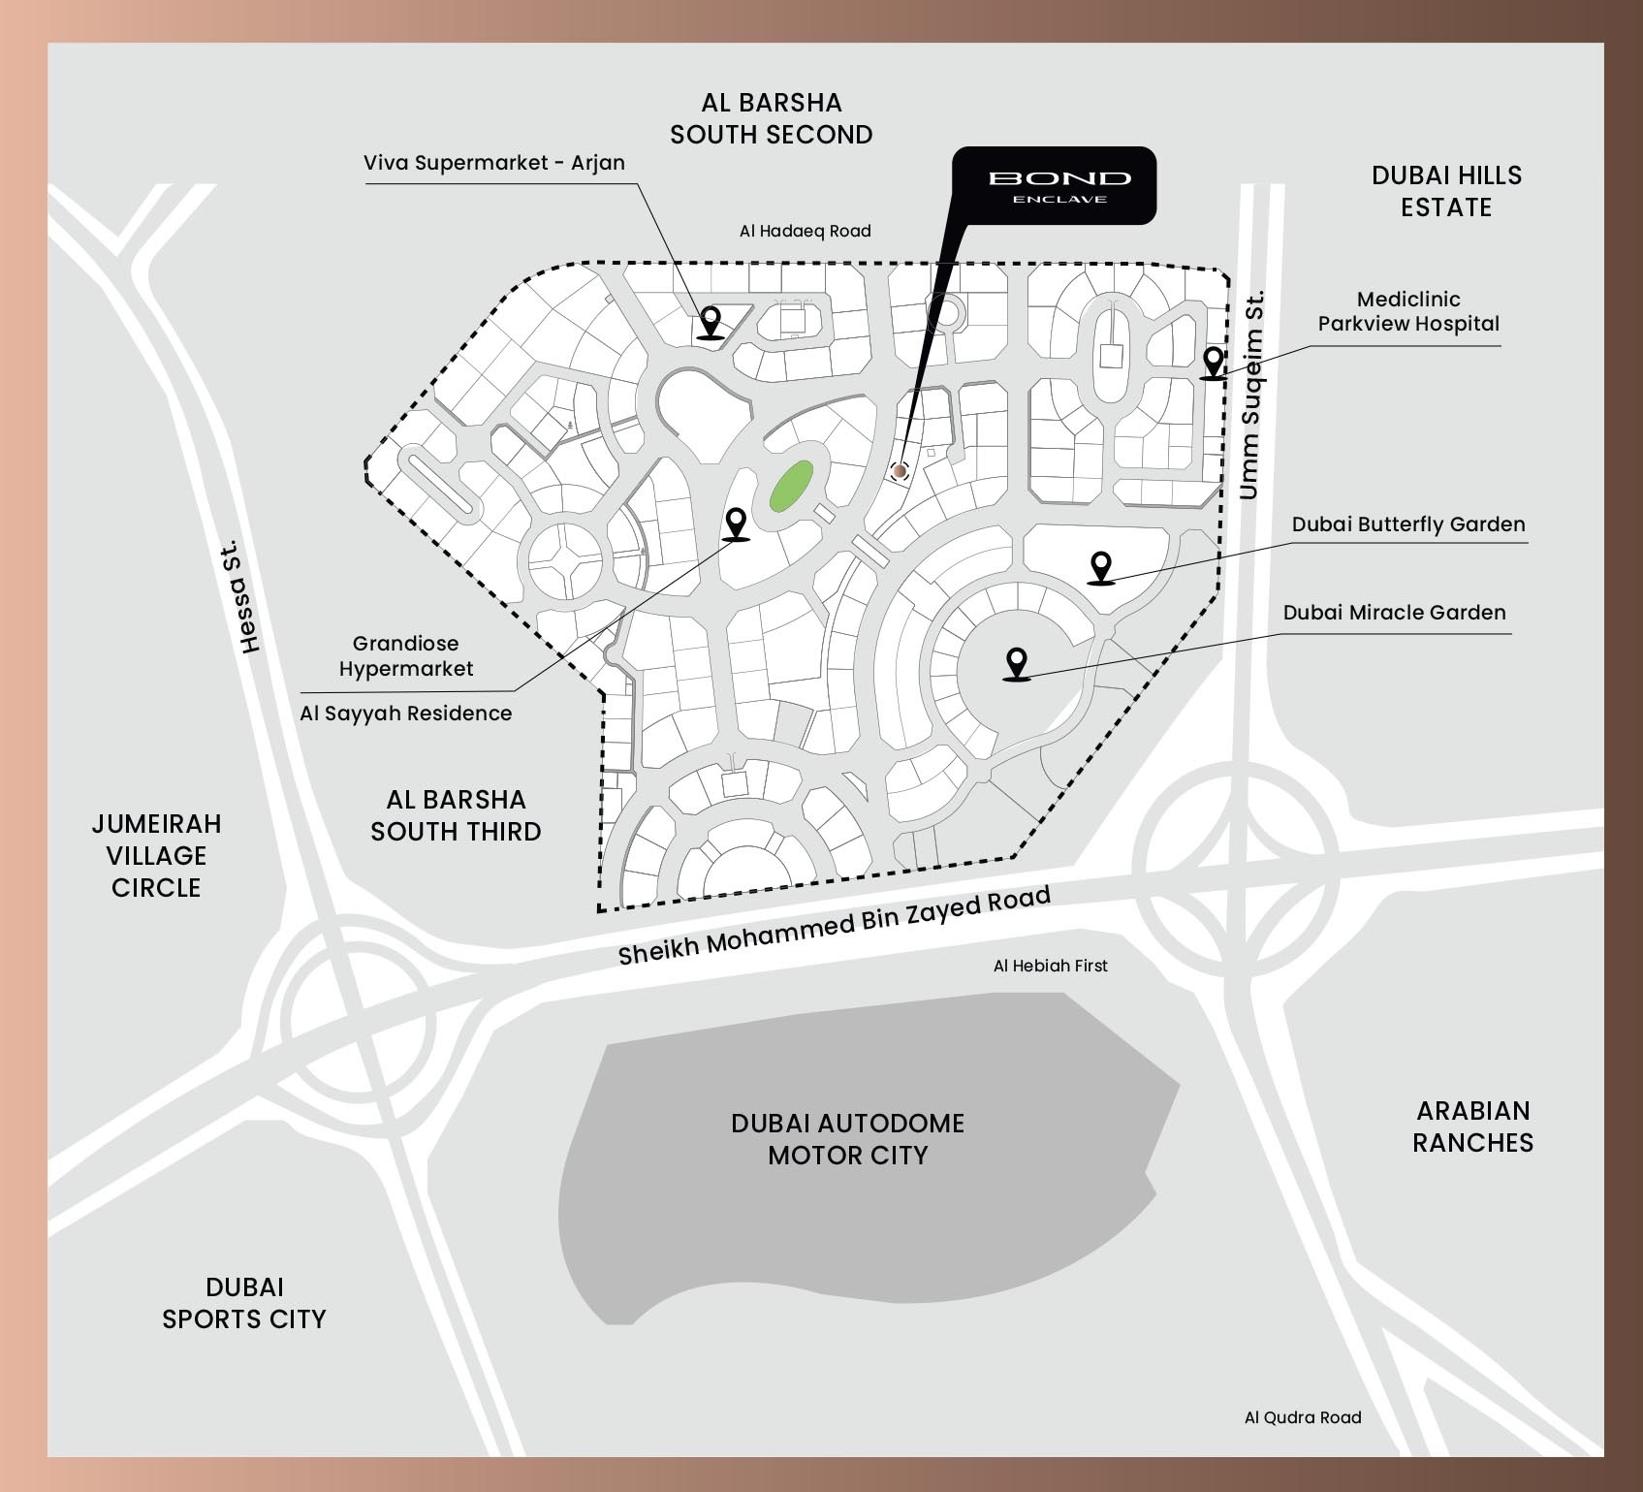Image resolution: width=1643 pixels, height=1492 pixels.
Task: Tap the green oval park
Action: tap(791, 486)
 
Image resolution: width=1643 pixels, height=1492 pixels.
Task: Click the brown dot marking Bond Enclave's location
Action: tap(900, 471)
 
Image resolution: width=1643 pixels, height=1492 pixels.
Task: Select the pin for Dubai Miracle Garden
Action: tap(1016, 664)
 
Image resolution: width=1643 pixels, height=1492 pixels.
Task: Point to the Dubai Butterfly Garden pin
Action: tap(1100, 567)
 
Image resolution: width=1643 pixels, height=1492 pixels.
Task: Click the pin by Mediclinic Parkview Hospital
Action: tap(1212, 363)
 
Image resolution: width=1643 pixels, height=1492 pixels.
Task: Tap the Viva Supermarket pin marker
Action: tap(711, 321)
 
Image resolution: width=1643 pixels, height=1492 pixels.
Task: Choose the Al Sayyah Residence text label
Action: tap(405, 714)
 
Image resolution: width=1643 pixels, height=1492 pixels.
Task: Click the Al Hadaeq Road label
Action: tap(805, 231)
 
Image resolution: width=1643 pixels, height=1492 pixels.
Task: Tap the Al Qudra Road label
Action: tap(1302, 1417)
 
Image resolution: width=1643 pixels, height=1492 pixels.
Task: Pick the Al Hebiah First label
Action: tap(1050, 966)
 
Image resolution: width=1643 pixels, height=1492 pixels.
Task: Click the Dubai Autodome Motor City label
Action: tap(847, 1139)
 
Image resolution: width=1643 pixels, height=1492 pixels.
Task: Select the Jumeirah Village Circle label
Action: tap(156, 855)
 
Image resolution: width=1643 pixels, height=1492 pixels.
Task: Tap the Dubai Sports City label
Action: tap(243, 1303)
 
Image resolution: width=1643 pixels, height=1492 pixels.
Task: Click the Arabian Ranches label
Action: tap(1472, 1127)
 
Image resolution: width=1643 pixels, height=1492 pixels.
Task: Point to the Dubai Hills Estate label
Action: tap(1446, 191)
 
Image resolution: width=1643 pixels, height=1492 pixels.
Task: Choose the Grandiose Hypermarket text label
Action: tap(405, 656)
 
